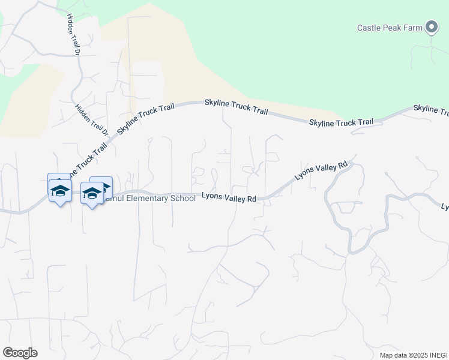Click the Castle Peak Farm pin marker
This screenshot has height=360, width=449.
click(x=432, y=26)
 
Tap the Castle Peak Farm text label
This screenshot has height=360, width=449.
click(x=390, y=28)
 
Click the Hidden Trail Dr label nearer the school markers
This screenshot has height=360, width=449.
click(x=91, y=119)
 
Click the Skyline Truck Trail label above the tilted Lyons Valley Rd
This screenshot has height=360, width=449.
click(x=341, y=122)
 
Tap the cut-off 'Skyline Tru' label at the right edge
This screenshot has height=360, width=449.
click(x=431, y=110)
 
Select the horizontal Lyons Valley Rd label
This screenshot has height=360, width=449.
click(x=229, y=197)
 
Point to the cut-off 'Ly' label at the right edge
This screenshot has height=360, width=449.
click(x=445, y=207)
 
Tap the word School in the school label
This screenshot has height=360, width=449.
click(x=182, y=198)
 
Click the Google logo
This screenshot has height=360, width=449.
click(x=20, y=353)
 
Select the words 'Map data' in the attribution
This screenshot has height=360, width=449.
click(x=393, y=355)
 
